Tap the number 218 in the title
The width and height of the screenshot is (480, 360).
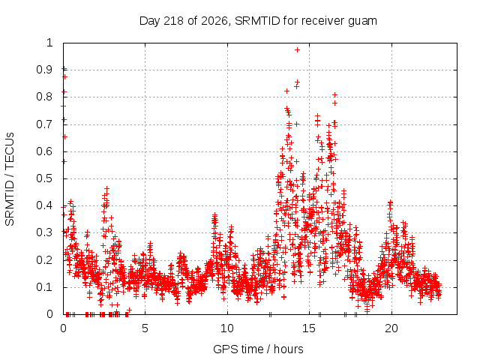point(173,21)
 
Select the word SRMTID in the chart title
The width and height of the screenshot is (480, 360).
point(257,21)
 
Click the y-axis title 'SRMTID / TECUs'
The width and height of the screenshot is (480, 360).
point(10,179)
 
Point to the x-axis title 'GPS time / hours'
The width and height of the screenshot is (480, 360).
point(258,349)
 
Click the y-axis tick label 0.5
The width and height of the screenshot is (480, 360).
point(45,178)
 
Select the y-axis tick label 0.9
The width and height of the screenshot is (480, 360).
point(45,70)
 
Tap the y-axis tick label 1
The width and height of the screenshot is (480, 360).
point(49,43)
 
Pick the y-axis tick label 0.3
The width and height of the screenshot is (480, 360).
point(45,232)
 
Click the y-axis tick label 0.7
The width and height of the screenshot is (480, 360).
point(45,124)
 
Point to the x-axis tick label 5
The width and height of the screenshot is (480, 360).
point(145,328)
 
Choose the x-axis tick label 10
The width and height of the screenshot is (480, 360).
point(227,328)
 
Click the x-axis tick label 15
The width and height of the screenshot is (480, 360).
point(309,328)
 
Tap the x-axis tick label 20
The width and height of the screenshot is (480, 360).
point(391,328)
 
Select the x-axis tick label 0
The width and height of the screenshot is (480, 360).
point(63,328)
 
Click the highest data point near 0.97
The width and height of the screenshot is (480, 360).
point(297,50)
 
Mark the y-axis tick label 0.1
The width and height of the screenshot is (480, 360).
point(45,287)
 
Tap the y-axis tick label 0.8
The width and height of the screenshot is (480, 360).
point(45,97)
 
